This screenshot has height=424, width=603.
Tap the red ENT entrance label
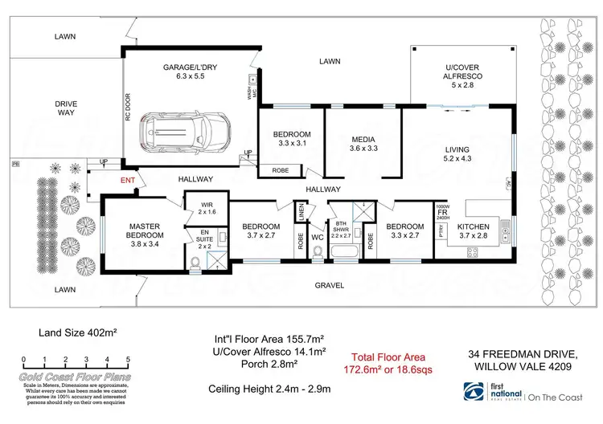click(128, 180)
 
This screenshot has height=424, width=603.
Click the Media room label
click(363, 143)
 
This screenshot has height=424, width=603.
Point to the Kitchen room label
click(474, 230)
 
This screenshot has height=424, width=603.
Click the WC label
click(318, 237)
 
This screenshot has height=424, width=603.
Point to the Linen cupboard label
click(301, 212)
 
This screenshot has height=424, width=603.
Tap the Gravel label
click(329, 285)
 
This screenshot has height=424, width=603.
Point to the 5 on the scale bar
click(129, 359)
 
